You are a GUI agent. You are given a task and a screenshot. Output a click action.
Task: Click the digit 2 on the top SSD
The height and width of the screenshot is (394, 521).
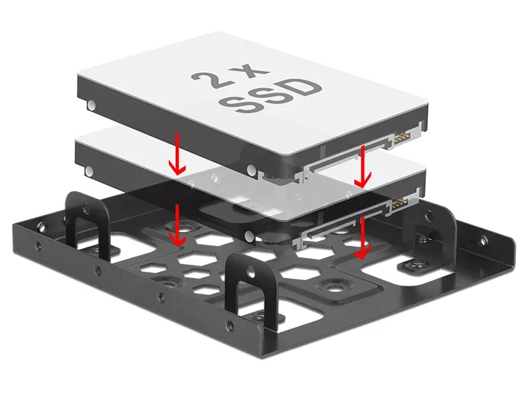(x=208, y=80)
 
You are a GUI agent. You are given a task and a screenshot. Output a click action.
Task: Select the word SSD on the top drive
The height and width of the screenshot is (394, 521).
(x=269, y=96)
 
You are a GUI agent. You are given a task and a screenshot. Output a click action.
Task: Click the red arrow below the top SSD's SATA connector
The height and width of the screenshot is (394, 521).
(x=362, y=167)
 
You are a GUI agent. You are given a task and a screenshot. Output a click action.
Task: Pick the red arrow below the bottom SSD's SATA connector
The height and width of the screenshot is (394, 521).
(x=362, y=238)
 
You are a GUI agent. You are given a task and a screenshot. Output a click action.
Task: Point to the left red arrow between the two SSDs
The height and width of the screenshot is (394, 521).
(x=177, y=154)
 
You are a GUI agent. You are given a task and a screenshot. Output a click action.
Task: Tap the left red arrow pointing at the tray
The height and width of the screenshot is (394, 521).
(x=176, y=225)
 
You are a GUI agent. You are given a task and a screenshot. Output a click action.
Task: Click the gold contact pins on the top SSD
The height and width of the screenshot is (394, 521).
(x=402, y=137)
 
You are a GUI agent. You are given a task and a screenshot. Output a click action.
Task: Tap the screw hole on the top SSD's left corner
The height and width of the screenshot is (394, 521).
(x=91, y=106)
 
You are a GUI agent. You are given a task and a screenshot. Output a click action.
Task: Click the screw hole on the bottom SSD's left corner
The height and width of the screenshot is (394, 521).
(x=89, y=171)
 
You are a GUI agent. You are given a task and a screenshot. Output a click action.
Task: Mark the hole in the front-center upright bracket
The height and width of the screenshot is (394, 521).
(x=252, y=273)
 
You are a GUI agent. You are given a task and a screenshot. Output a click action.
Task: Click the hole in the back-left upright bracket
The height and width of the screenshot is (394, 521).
(x=86, y=208)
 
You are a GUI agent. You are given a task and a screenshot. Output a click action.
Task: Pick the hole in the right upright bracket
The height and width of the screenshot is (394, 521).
(x=429, y=217)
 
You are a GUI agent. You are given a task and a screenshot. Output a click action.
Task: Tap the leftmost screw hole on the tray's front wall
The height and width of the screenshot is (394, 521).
(x=39, y=246)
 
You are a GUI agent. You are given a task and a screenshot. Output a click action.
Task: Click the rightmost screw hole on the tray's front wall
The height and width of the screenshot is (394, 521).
(x=229, y=326)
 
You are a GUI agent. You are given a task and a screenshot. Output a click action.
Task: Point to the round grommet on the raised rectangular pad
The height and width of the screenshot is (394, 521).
(x=331, y=287)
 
